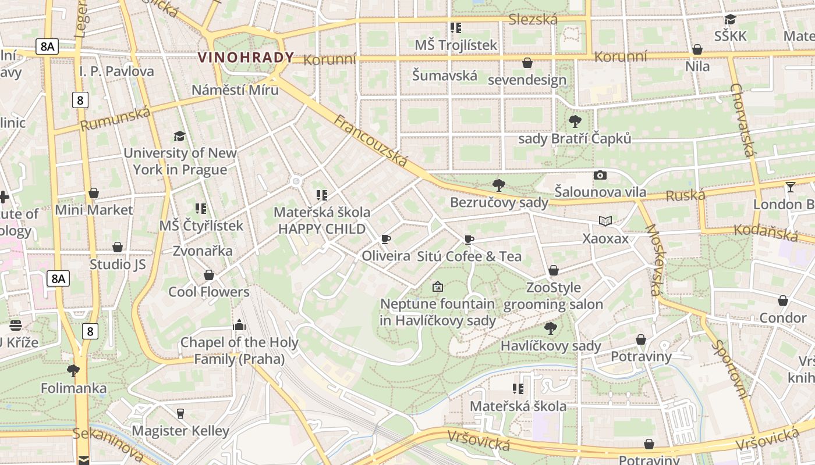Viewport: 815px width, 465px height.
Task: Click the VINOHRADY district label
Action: [x=246, y=58]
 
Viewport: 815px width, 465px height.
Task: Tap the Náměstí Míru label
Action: [x=235, y=90]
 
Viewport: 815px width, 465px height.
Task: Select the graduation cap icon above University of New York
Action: [x=179, y=136]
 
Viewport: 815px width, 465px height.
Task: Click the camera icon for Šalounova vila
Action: [x=600, y=175]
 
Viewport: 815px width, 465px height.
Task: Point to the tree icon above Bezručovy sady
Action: [x=498, y=185]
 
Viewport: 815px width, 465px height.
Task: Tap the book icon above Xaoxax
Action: [x=605, y=221]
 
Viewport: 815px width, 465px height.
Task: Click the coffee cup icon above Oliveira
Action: [x=385, y=239]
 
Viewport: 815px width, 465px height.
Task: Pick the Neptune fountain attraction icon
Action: [x=438, y=287]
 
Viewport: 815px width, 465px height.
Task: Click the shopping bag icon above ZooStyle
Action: [x=553, y=270]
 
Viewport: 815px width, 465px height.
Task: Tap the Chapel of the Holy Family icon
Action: [x=239, y=325]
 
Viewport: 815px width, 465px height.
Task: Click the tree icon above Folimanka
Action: [x=73, y=370]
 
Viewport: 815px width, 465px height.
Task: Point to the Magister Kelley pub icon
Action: [x=180, y=413]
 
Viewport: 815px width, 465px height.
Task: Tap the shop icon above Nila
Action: [x=697, y=49]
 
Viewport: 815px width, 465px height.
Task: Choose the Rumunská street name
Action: [x=115, y=119]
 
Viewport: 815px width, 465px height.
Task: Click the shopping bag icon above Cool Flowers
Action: [x=208, y=275]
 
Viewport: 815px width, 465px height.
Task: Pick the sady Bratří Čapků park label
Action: [x=574, y=138]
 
